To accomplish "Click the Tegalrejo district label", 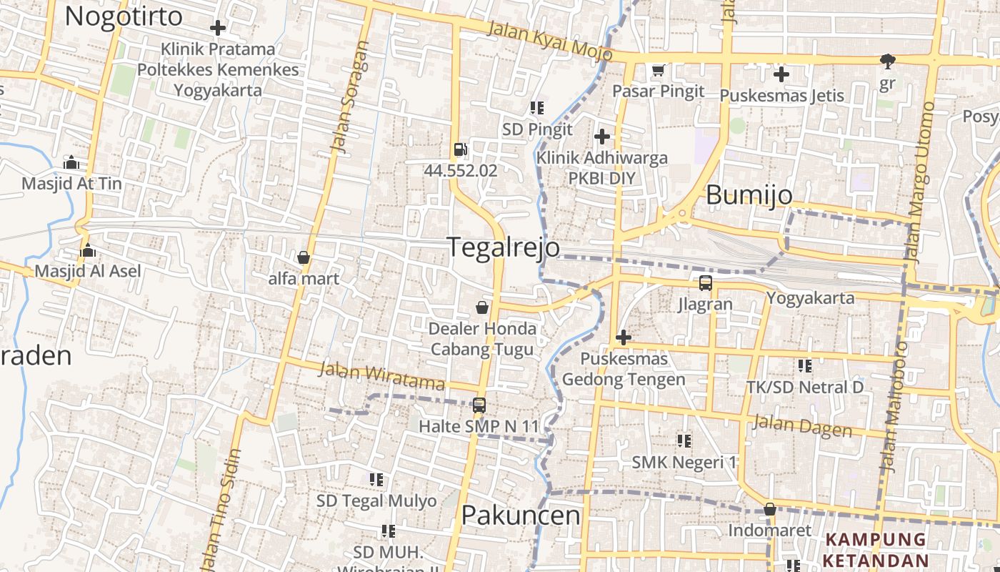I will (x=503, y=247).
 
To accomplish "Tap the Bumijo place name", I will (x=749, y=195).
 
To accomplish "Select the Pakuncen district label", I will (x=520, y=515).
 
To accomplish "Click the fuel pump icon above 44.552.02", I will (x=461, y=149).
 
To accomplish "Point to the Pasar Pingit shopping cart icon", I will (x=659, y=70).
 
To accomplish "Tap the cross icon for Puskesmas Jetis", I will (x=781, y=74).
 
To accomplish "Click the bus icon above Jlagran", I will (x=705, y=282).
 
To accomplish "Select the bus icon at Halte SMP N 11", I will (x=479, y=405).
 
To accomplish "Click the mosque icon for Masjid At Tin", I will (x=71, y=162).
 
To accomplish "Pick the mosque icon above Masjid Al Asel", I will (x=88, y=250).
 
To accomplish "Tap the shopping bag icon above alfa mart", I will (x=304, y=257).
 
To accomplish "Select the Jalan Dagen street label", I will (x=803, y=426).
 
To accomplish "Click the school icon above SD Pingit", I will (x=537, y=108).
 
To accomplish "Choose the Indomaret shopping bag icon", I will (x=769, y=509).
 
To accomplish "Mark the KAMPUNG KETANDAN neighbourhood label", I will (x=877, y=549).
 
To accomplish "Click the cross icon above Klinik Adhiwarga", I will (x=602, y=136).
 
